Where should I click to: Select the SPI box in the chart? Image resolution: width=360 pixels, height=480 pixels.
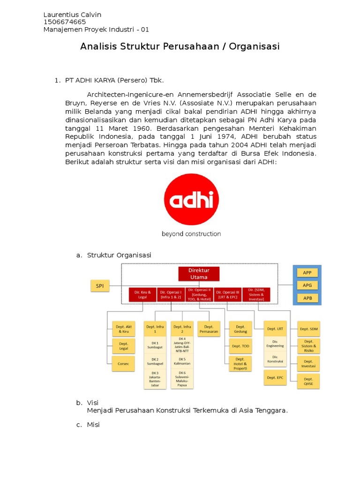100,285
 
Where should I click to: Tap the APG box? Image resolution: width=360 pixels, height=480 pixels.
307,285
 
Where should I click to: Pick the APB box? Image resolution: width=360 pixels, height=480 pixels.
307,298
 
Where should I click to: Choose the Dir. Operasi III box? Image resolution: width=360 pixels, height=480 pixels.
228,294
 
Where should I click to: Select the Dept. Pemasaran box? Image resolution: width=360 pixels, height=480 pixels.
209,329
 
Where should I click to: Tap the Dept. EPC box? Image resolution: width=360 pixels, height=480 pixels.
275,377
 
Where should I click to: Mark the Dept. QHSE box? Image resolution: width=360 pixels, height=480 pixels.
308,381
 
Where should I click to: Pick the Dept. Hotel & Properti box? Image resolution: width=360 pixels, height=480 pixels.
240,364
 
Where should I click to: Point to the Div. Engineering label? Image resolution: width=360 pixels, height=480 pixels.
275,344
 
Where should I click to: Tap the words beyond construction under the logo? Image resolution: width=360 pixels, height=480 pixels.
191,233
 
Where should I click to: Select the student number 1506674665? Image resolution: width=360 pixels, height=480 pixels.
65,22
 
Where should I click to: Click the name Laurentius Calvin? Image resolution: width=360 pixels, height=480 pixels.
72,15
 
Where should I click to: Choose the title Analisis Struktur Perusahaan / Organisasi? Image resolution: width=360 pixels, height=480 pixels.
180,46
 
